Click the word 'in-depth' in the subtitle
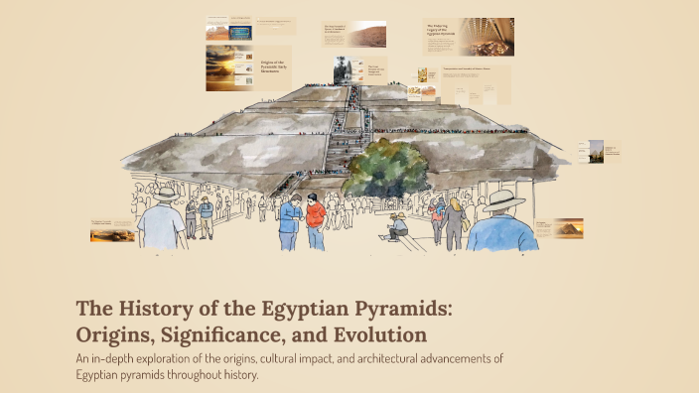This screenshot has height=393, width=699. (122, 358)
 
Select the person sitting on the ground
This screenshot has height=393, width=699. (397, 227)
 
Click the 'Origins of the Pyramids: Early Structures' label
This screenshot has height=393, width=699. (274, 66)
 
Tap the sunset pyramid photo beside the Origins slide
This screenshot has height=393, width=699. (228, 66)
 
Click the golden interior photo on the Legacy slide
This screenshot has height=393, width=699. (487, 36)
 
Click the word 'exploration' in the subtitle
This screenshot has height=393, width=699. (188, 358)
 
